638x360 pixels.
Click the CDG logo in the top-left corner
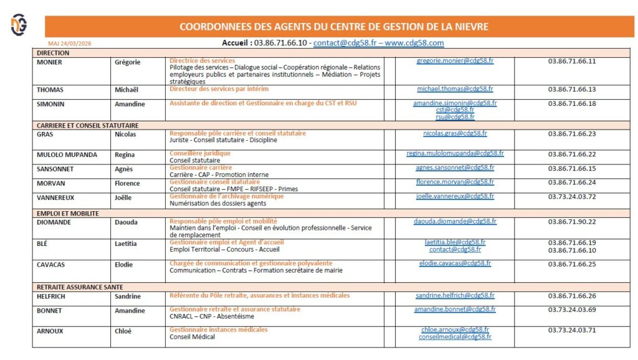[x=19, y=24]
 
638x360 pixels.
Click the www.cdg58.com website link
[x=414, y=43]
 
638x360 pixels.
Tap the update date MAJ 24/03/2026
[x=70, y=44]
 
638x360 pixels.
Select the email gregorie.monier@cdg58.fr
[x=455, y=61]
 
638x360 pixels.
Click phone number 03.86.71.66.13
[x=572, y=90]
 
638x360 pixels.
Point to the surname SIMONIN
[x=51, y=104]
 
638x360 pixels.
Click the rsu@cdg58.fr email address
[x=455, y=116]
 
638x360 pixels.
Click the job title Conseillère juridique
[x=200, y=153]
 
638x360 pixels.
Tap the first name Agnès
[x=124, y=169]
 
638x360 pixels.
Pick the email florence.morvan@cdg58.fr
[x=455, y=182]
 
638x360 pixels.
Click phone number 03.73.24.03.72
[x=572, y=197]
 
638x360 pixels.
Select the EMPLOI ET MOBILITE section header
[x=68, y=213]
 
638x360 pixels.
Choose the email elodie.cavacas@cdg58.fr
[x=455, y=263]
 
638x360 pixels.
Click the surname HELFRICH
[x=54, y=296]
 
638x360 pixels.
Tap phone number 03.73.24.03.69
[x=572, y=310]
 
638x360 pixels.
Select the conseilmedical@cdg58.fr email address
[x=455, y=337]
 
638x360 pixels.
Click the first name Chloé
[x=123, y=331]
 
